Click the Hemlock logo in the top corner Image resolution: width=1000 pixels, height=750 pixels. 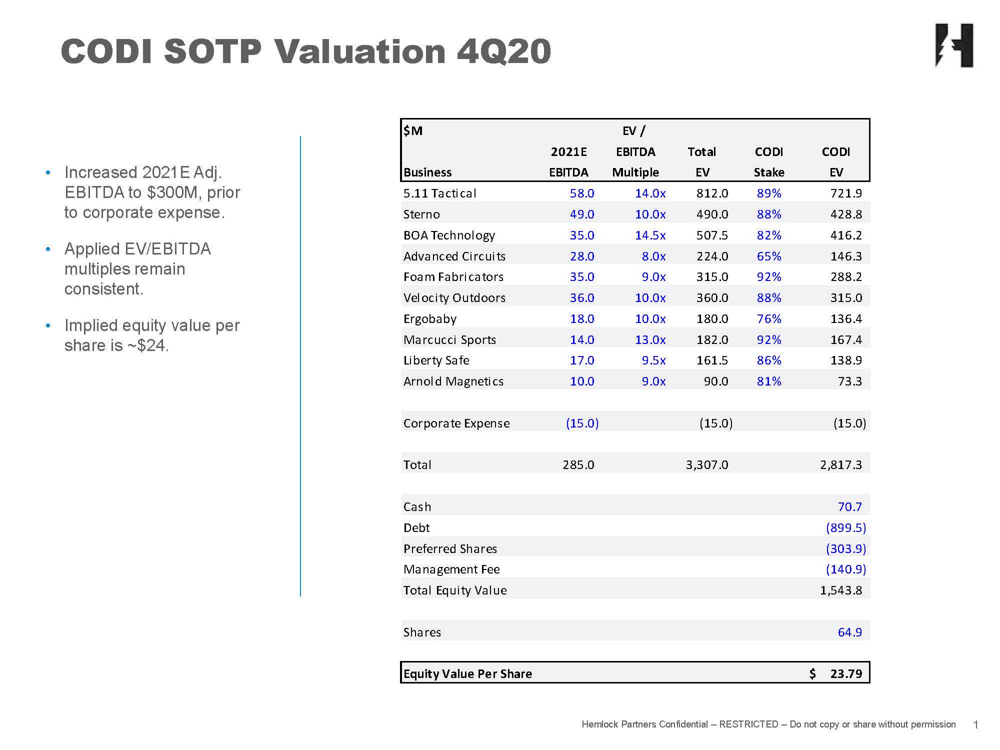tap(954, 45)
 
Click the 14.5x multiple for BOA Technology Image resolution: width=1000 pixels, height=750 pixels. tap(650, 235)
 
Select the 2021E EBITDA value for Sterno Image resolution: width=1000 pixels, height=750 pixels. tap(582, 214)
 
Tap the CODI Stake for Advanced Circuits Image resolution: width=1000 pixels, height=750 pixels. tap(768, 256)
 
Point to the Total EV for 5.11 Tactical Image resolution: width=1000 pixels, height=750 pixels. tap(712, 193)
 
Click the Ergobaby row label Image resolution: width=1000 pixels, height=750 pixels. tap(429, 318)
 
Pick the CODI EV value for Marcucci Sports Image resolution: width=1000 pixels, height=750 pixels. tap(846, 339)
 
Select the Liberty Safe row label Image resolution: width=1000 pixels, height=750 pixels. tap(436, 360)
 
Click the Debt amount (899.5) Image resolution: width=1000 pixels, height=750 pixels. tap(846, 527)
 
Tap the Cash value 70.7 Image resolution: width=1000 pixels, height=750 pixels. tap(849, 506)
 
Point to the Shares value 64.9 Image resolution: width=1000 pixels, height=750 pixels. tap(849, 632)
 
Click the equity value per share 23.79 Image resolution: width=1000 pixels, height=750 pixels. tap(846, 673)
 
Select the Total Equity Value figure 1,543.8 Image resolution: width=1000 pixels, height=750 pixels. tap(841, 590)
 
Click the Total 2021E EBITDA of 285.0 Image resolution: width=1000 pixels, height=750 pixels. tap(578, 464)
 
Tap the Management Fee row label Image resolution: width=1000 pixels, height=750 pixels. tap(451, 569)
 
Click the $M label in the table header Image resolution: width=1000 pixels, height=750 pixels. tap(413, 131)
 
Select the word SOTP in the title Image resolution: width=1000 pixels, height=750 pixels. tap(212, 51)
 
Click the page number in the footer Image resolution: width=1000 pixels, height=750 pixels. tap(975, 724)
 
